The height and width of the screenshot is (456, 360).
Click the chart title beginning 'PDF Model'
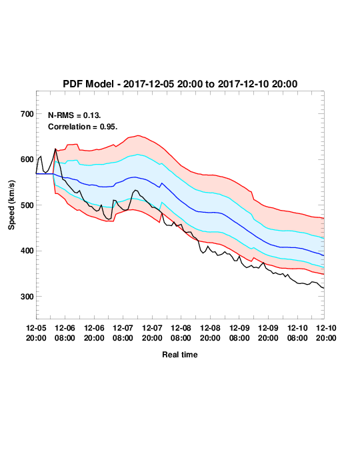pos(180,84)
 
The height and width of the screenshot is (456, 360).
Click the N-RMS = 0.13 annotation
pos(75,115)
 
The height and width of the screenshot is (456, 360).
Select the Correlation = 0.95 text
pos(83,127)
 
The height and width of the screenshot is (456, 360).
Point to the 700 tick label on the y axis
pos(27,114)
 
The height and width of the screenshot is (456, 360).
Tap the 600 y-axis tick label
pos(27,159)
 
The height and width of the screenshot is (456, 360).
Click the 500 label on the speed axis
pos(27,205)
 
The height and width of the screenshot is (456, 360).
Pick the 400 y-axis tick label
pos(27,251)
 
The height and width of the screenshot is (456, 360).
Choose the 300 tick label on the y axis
pos(27,297)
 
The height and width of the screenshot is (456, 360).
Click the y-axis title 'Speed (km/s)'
pos(11,205)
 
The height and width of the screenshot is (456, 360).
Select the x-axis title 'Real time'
pos(180,355)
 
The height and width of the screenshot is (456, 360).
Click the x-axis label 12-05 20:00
pos(36,333)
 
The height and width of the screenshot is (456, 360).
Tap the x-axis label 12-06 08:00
pos(65,333)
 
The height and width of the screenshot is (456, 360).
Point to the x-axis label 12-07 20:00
pos(152,333)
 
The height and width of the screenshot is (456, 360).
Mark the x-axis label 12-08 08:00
pos(181,333)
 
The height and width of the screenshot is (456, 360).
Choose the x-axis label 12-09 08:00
pos(239,333)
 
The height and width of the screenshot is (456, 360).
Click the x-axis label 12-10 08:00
pos(297,333)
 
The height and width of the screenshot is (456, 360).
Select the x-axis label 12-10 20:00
pos(326,333)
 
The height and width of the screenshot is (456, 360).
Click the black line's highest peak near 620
pos(55,149)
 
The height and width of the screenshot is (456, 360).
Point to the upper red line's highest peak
pos(138,135)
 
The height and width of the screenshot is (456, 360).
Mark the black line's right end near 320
pos(324,288)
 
